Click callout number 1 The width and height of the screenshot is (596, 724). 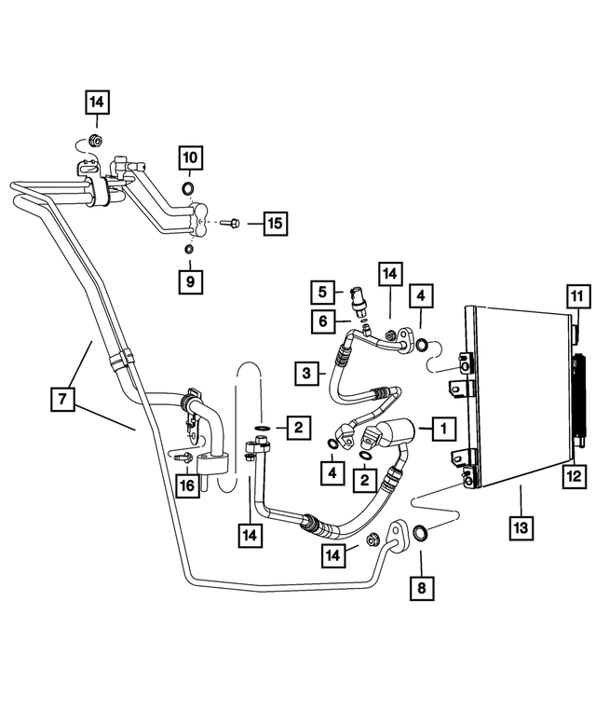point(442,429)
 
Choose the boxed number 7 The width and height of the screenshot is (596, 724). point(62,400)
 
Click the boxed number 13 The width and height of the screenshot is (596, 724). point(520,527)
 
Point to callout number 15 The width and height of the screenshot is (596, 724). point(274,224)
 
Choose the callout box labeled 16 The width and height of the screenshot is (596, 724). point(187,485)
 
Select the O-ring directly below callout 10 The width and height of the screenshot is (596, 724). point(188,191)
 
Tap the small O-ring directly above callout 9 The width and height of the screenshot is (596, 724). point(188,249)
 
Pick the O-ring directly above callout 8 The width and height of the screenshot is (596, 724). point(420,534)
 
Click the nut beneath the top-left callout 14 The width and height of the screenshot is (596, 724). point(94,142)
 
